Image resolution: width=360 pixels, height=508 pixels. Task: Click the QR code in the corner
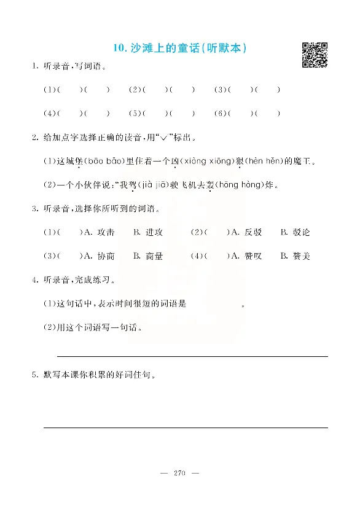click(315, 55)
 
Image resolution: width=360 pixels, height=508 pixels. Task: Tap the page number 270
click(180, 472)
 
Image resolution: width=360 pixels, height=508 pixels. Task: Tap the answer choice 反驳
click(253, 232)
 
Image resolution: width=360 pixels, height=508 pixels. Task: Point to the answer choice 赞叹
click(253, 256)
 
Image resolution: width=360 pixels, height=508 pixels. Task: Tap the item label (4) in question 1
click(49, 114)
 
